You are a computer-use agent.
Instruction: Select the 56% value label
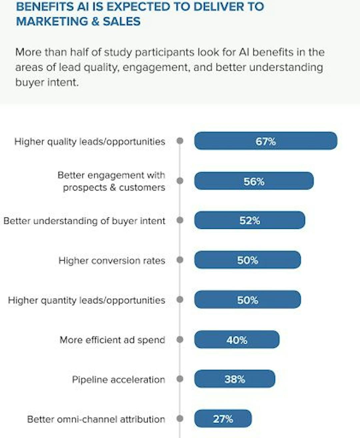click(x=254, y=181)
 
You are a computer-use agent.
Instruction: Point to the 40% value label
click(x=237, y=340)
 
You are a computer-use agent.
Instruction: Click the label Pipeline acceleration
click(x=118, y=380)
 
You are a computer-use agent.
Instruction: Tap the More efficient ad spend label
click(x=112, y=340)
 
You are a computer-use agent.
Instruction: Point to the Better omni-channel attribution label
click(x=96, y=419)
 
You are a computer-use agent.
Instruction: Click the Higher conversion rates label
click(x=112, y=261)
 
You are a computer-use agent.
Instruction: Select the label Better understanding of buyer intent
click(x=84, y=221)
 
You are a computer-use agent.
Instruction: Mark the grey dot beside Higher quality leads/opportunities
click(x=180, y=141)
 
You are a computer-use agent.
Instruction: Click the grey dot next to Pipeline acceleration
click(x=180, y=379)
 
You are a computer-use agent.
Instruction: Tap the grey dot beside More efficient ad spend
click(x=180, y=340)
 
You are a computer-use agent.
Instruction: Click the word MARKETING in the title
click(x=50, y=21)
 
